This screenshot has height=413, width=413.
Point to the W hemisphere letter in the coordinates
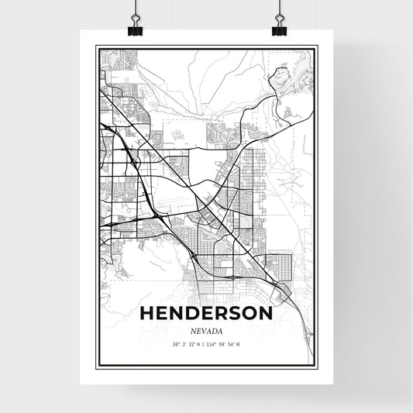(239, 345)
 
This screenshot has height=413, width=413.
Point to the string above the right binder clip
(279, 8)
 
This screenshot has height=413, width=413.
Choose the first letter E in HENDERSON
(162, 314)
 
